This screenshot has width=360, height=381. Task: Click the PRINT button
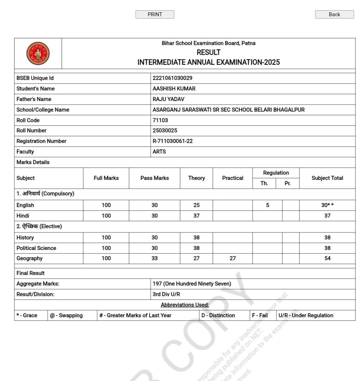155,14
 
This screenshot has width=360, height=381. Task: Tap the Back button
334,14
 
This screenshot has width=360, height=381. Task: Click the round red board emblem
38,54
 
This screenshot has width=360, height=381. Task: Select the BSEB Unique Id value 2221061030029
172,78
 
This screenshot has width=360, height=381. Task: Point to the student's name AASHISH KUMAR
174,89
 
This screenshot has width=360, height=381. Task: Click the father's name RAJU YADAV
168,99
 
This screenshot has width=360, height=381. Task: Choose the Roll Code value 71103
160,120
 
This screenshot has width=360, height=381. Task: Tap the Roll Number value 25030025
165,131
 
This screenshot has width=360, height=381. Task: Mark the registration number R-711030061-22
172,141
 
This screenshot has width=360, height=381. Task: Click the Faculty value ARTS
159,152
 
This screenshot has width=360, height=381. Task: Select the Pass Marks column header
154,178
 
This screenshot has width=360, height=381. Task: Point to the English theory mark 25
196,205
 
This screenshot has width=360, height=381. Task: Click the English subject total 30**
327,205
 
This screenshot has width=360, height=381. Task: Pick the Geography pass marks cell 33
154,258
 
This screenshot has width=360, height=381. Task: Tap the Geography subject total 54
327,258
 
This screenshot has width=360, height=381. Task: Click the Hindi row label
23,216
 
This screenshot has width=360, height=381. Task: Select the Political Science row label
36,248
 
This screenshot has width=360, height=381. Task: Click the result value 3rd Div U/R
166,294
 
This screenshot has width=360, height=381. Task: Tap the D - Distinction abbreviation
218,316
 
